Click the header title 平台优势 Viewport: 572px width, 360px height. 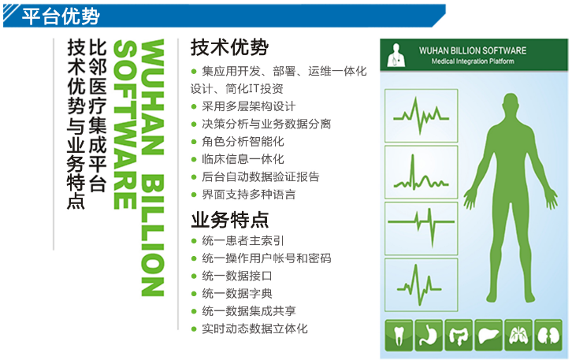[x=60, y=16]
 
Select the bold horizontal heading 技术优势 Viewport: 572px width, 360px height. [x=229, y=47]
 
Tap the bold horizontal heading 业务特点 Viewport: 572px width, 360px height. [x=230, y=220]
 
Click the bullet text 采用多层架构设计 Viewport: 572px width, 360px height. [x=248, y=106]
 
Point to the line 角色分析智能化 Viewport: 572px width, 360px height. [x=243, y=142]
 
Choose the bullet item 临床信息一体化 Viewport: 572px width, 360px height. [x=243, y=159]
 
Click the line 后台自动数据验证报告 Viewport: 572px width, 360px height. [x=261, y=177]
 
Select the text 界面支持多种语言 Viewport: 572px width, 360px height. [x=248, y=195]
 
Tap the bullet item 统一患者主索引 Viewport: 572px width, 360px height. [x=243, y=241]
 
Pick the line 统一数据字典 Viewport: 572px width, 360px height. [x=236, y=294]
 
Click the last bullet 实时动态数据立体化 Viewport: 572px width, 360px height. [x=254, y=328]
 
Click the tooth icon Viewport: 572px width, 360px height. [x=399, y=336]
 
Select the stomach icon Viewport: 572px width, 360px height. [x=429, y=336]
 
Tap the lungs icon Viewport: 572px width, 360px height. [x=518, y=336]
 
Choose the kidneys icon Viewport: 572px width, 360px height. [x=548, y=336]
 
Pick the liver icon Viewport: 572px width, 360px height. [x=488, y=336]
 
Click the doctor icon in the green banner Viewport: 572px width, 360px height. [x=396, y=55]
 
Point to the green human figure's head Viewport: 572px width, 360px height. [x=511, y=103]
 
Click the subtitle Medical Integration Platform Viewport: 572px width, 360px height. [x=473, y=61]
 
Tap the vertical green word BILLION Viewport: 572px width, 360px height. [x=152, y=236]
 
